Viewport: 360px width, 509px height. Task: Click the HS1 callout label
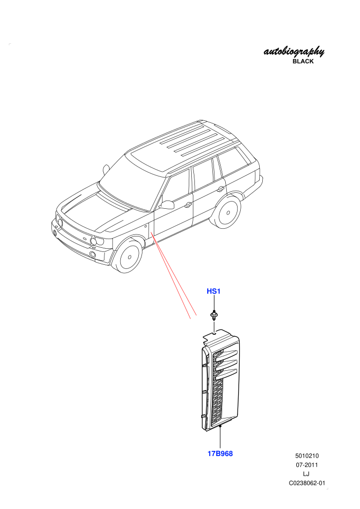[213, 291]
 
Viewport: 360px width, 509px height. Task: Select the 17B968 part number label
[220, 453]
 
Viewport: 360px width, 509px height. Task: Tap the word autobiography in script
[294, 51]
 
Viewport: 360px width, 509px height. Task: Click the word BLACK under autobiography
[303, 61]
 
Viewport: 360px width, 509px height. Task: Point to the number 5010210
[307, 456]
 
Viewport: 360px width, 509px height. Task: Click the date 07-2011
[307, 465]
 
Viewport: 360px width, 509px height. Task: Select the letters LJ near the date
[306, 474]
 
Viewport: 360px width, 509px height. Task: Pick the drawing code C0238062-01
[307, 483]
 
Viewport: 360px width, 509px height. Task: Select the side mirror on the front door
[167, 205]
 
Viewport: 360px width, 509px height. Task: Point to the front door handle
[188, 205]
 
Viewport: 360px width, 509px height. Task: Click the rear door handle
[221, 189]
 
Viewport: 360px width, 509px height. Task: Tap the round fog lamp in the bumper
[93, 254]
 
